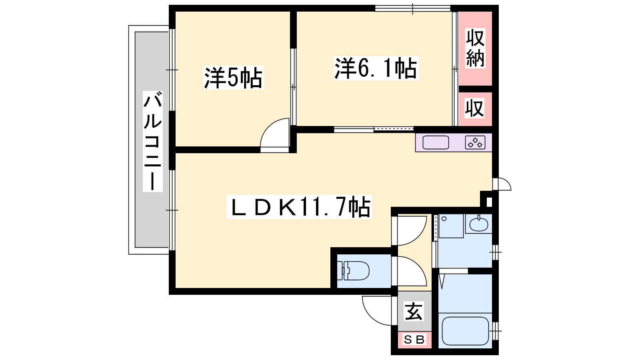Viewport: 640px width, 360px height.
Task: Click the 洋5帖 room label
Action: (x=233, y=78)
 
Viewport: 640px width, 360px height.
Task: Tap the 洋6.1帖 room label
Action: (x=376, y=68)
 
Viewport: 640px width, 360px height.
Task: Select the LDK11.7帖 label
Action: (x=299, y=207)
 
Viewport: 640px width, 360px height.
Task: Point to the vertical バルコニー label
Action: (x=153, y=141)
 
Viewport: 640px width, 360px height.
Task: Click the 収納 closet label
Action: (x=475, y=48)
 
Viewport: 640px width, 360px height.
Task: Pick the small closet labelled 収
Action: (x=474, y=108)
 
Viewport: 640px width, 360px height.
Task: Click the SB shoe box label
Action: (x=414, y=340)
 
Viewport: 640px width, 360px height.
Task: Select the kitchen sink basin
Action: (x=436, y=142)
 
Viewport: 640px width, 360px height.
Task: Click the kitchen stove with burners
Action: (x=475, y=142)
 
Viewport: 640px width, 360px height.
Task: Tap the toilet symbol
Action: (x=353, y=270)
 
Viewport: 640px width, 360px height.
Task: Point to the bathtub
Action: (x=465, y=331)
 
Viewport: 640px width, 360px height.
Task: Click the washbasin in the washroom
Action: (x=479, y=224)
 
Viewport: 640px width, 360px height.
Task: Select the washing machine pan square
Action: (x=451, y=226)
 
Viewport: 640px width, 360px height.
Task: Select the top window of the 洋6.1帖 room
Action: (x=412, y=8)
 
